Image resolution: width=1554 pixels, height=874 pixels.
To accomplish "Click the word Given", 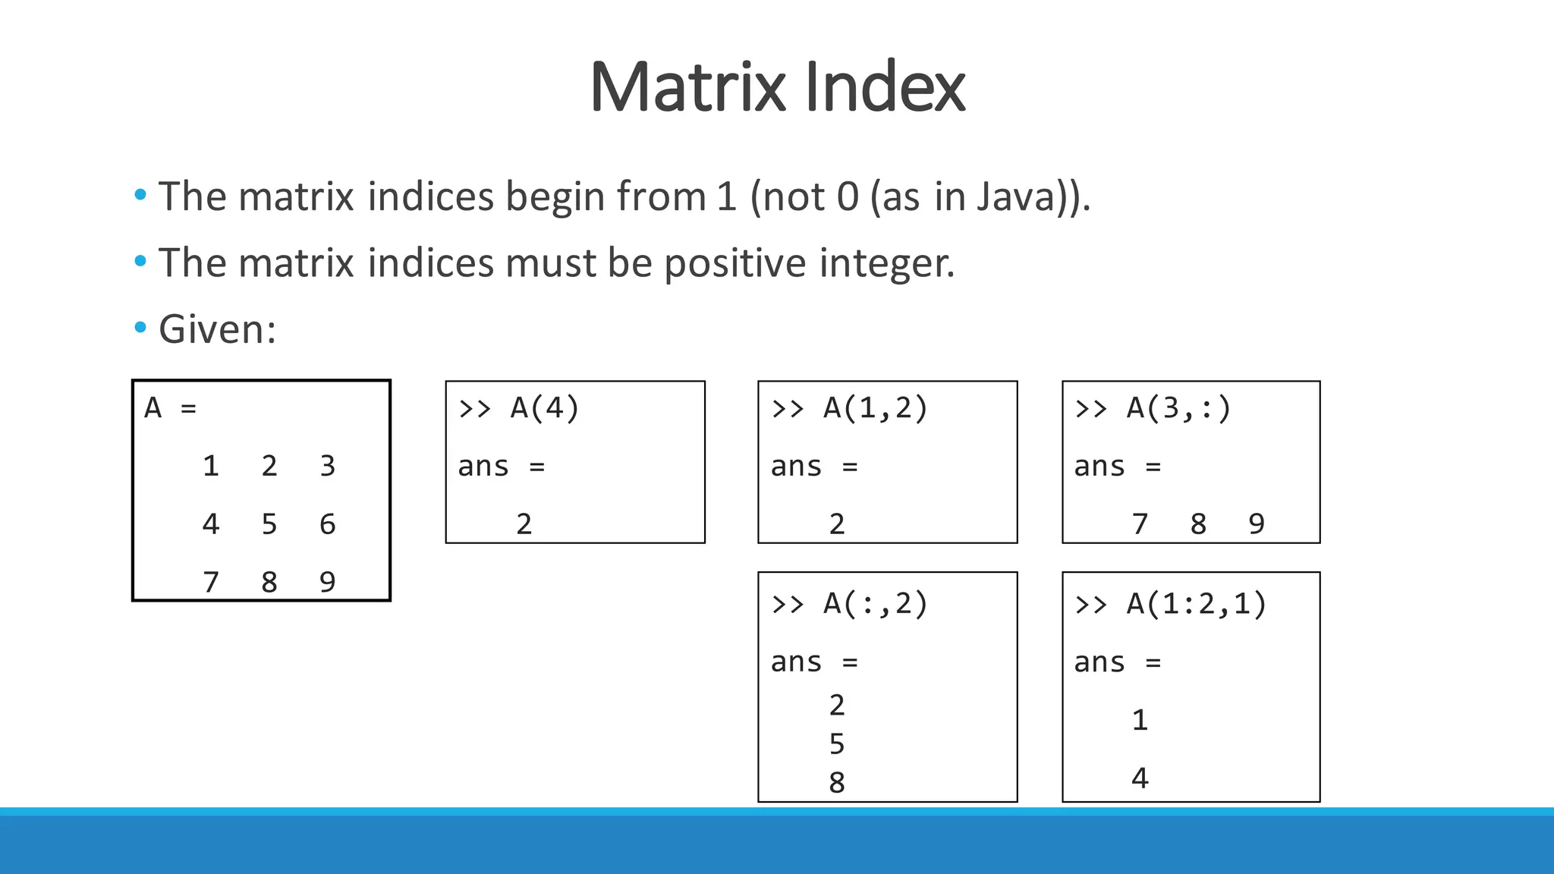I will [x=216, y=330].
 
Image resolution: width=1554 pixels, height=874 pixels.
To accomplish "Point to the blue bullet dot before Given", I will [x=140, y=328].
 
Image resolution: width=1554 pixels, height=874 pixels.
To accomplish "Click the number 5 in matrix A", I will [x=269, y=524].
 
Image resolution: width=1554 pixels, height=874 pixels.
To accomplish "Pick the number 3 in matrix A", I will [x=327, y=466].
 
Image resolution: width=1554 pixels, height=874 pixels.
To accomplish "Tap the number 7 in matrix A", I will [x=211, y=583].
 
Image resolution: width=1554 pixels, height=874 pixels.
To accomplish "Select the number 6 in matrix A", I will [x=327, y=524].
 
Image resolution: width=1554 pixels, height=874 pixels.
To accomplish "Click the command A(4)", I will [x=544, y=408].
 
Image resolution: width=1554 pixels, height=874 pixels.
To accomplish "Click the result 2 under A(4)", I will [x=524, y=524].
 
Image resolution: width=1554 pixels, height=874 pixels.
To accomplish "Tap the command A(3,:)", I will [x=1178, y=408].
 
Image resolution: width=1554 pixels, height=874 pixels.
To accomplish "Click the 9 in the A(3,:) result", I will [x=1257, y=524].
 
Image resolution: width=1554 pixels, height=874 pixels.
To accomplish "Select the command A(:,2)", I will [x=875, y=604].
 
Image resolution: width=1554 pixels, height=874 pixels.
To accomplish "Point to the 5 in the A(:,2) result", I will [x=837, y=744].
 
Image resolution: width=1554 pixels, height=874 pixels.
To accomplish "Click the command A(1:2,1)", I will [x=1196, y=604].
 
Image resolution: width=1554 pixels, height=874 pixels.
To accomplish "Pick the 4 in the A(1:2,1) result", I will [x=1140, y=778].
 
